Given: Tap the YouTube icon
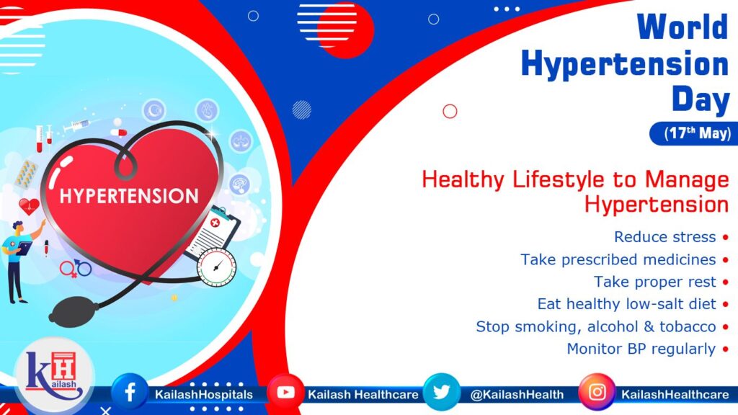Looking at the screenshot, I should (x=285, y=393).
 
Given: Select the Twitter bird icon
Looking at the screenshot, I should (x=440, y=393).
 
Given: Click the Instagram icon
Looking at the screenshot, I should (x=597, y=393).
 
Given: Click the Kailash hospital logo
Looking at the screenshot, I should (x=54, y=375).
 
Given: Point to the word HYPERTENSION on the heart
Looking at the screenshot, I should (x=129, y=196).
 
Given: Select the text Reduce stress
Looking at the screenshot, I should (x=664, y=237).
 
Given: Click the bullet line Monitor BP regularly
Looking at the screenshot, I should (x=641, y=349).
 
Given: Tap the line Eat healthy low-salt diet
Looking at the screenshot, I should (x=626, y=304).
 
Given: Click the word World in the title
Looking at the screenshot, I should (x=682, y=28).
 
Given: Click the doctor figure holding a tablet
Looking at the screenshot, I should (x=18, y=256).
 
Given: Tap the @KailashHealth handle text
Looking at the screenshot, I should (x=517, y=394).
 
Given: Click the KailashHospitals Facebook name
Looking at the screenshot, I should (x=203, y=394).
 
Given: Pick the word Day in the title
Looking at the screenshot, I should (x=700, y=99).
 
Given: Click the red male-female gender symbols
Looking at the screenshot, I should (x=75, y=269).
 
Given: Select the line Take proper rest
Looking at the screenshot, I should (x=654, y=282).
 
